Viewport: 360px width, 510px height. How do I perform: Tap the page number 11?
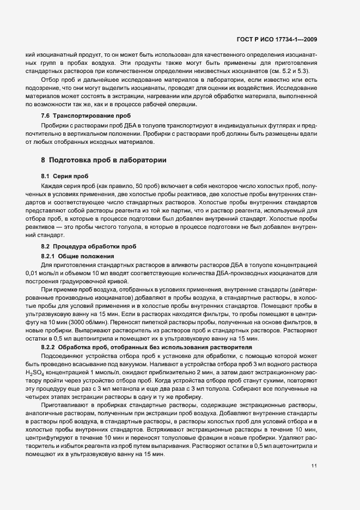click(314, 466)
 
